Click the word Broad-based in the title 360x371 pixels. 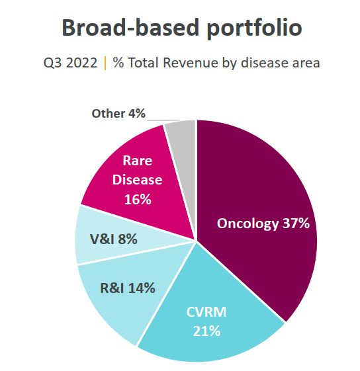click(x=130, y=27)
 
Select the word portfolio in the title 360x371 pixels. click(x=254, y=29)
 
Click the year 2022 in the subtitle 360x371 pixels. click(x=81, y=63)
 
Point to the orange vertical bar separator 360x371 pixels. click(x=105, y=63)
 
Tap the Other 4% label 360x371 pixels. click(x=118, y=114)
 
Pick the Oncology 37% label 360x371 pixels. click(x=263, y=224)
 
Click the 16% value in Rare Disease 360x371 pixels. click(x=138, y=200)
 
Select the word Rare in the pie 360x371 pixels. click(x=138, y=161)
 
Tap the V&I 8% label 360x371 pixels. click(x=113, y=239)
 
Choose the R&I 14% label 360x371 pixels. click(x=128, y=288)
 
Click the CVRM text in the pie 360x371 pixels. click(x=206, y=312)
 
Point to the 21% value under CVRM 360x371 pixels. click(x=206, y=331)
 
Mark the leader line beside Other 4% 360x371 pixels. click(x=163, y=120)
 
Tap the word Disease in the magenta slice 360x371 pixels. click(x=138, y=180)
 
